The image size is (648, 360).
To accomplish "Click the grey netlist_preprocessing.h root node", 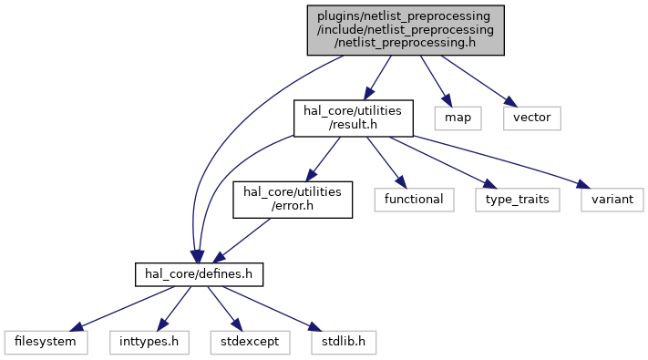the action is pyautogui.click(x=406, y=30).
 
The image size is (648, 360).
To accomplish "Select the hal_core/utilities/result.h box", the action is pyautogui.click(x=354, y=118).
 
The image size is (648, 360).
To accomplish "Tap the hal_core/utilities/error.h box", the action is pyautogui.click(x=293, y=200).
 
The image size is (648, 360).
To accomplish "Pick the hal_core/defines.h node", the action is pyautogui.click(x=199, y=274).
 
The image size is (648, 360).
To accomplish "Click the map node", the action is pyautogui.click(x=458, y=118).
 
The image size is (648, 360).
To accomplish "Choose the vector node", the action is pyautogui.click(x=532, y=118).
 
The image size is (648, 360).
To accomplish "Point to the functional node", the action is pyautogui.click(x=414, y=200).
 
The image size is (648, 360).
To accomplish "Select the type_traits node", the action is pyautogui.click(x=518, y=200).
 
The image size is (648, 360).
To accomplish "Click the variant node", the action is pyautogui.click(x=612, y=200).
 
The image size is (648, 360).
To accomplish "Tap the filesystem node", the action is pyautogui.click(x=46, y=342).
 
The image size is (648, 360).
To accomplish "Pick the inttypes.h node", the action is pyautogui.click(x=149, y=342).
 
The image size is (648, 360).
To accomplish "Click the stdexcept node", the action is pyautogui.click(x=250, y=342).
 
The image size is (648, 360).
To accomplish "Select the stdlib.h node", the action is pyautogui.click(x=344, y=342).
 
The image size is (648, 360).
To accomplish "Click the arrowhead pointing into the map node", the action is pyautogui.click(x=447, y=101).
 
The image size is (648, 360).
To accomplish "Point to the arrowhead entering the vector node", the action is pyautogui.click(x=510, y=102).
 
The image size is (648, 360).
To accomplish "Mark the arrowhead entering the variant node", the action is pyautogui.click(x=583, y=184).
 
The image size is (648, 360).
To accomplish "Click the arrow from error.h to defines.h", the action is pyautogui.click(x=242, y=241).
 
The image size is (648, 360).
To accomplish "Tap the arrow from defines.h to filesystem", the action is pyautogui.click(x=122, y=308).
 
